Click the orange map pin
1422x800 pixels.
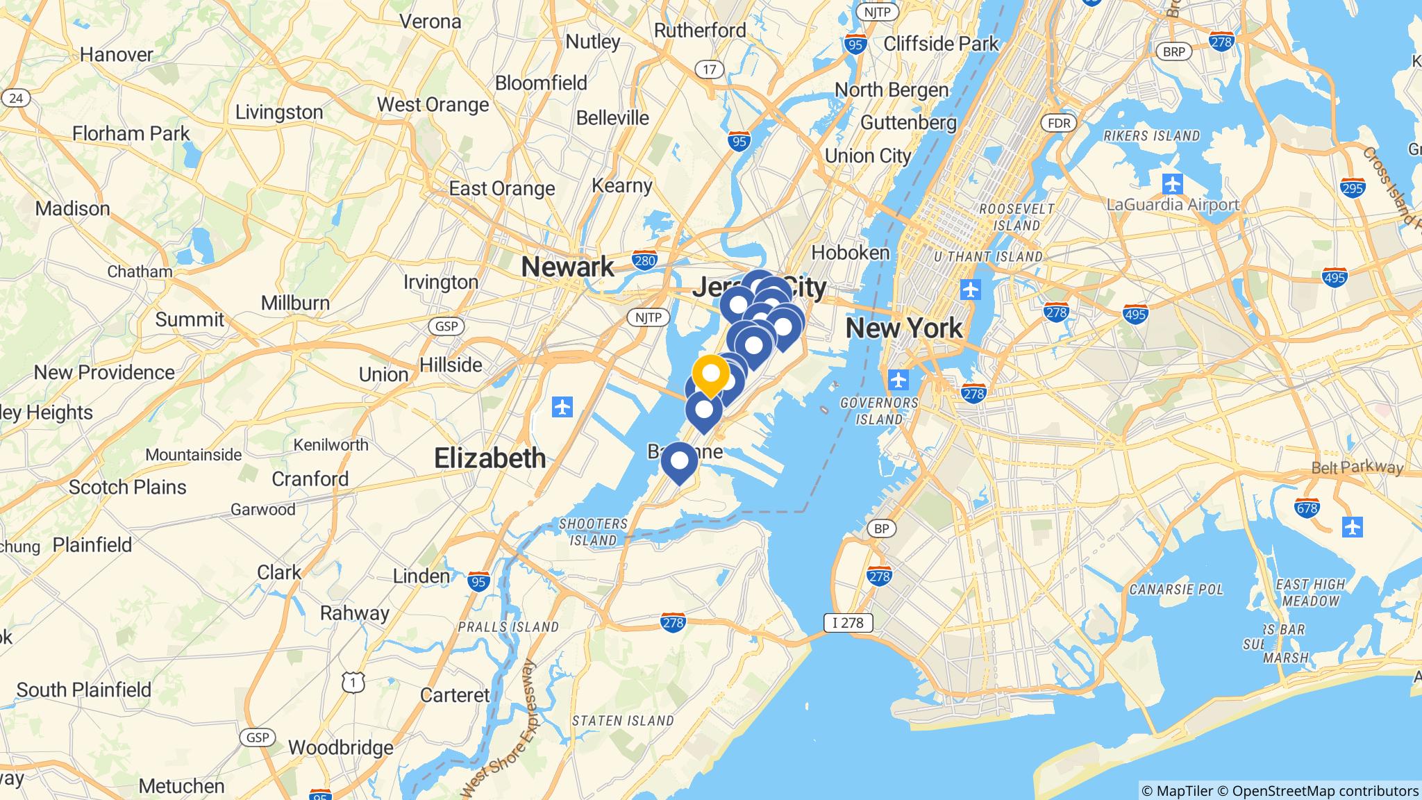pos(710,374)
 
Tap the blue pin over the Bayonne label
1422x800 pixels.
pos(679,462)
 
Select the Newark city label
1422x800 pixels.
pos(567,267)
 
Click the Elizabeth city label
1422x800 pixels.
pos(490,458)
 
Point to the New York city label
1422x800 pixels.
pos(904,328)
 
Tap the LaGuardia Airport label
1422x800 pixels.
pos(1172,205)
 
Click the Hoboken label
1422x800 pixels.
pos(850,252)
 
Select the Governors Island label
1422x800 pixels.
pos(879,411)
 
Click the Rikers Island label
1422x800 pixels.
pos(1151,135)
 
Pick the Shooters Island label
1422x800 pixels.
pos(593,532)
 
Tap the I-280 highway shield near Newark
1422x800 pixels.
pos(645,260)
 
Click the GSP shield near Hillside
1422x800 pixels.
pos(446,326)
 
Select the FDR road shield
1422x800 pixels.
pos(1059,124)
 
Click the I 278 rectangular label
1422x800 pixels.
pos(848,622)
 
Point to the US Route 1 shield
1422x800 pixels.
pos(353,683)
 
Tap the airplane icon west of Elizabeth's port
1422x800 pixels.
pos(562,407)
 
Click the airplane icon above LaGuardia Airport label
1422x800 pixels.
pos(1173,185)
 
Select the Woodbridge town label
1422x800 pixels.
pos(340,747)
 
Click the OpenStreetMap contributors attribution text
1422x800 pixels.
pos(1325,790)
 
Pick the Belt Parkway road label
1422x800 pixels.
pos(1357,468)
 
